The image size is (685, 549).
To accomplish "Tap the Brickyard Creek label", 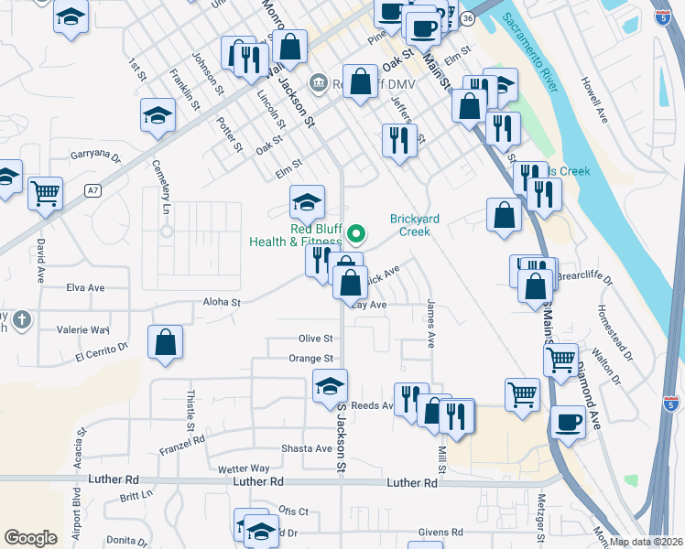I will click(x=422, y=225).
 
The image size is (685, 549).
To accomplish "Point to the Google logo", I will click(x=30, y=537).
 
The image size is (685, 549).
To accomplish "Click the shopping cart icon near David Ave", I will click(x=45, y=194).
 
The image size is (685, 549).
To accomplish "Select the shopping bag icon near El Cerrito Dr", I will click(x=165, y=343).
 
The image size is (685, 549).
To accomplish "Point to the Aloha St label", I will click(x=222, y=302).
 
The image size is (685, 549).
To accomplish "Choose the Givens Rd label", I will click(x=440, y=532).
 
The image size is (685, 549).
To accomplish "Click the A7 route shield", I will click(x=92, y=190).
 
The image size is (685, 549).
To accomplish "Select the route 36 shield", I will click(x=468, y=18).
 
